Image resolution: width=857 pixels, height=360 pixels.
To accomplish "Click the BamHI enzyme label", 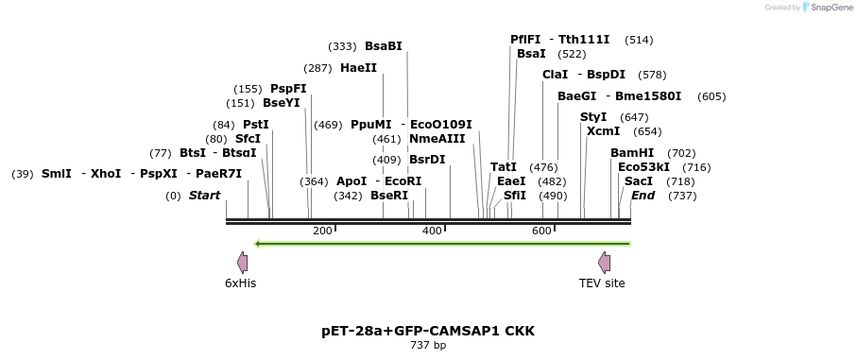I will pyautogui.click(x=632, y=153).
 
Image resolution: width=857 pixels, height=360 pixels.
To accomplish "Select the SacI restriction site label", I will pyautogui.click(x=639, y=181).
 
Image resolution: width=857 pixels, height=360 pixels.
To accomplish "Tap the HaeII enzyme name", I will pyautogui.click(x=358, y=68).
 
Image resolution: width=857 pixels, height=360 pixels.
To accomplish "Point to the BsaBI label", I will pyautogui.click(x=384, y=46).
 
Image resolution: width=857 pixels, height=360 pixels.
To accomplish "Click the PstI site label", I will pyautogui.click(x=256, y=125).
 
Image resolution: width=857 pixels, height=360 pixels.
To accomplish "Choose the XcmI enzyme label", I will pyautogui.click(x=603, y=131).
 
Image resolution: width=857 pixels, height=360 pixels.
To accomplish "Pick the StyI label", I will pyautogui.click(x=593, y=117).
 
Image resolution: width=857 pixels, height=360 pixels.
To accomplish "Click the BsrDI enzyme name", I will pyautogui.click(x=427, y=160).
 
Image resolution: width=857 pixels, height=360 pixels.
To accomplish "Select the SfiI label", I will pyautogui.click(x=515, y=196).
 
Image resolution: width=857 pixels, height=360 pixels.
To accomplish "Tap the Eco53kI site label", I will pyautogui.click(x=643, y=167).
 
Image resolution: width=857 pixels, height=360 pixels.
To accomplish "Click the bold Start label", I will pyautogui.click(x=204, y=196).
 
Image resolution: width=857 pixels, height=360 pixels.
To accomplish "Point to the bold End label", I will pyautogui.click(x=643, y=196).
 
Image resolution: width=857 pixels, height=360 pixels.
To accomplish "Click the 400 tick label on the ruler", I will pyautogui.click(x=432, y=231).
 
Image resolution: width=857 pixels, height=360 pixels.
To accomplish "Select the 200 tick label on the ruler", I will pyautogui.click(x=321, y=231).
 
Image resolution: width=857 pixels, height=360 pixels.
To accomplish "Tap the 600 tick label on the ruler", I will pyautogui.click(x=541, y=231).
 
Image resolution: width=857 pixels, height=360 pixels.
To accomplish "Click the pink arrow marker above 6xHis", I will pyautogui.click(x=242, y=263).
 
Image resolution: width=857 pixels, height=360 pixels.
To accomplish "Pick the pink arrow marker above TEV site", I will pyautogui.click(x=604, y=263).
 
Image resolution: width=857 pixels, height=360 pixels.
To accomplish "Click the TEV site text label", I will pyautogui.click(x=602, y=283).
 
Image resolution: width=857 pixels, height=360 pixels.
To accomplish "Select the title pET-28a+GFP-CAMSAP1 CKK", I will pyautogui.click(x=428, y=332).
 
